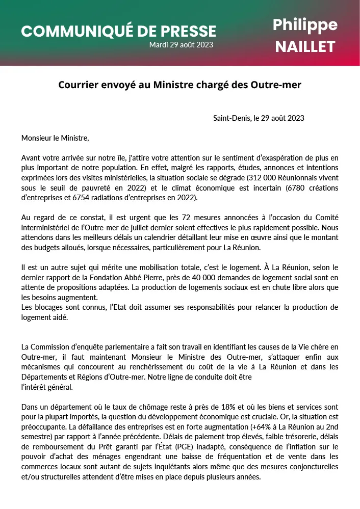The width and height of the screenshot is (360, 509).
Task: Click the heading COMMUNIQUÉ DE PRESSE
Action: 119,31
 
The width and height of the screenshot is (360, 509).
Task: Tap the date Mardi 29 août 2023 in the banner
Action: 181,45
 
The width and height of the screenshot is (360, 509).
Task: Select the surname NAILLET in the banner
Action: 305,47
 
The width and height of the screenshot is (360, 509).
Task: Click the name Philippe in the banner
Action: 305,24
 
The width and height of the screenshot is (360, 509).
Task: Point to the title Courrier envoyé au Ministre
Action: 179,85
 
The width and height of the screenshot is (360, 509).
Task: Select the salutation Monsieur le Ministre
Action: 55,138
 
